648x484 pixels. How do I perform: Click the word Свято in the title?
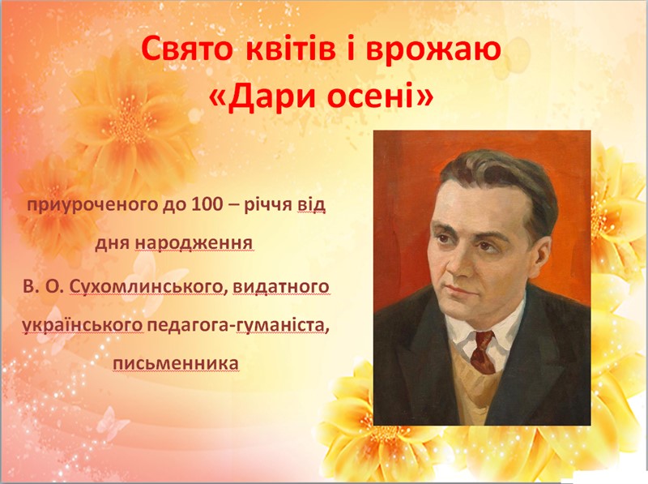(188, 49)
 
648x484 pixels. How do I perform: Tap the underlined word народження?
(194, 244)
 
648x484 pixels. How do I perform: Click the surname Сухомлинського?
(147, 287)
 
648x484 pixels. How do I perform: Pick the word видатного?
(281, 286)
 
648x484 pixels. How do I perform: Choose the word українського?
(83, 326)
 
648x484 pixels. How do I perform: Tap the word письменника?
(176, 364)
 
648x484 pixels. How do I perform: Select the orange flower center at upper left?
(131, 120)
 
